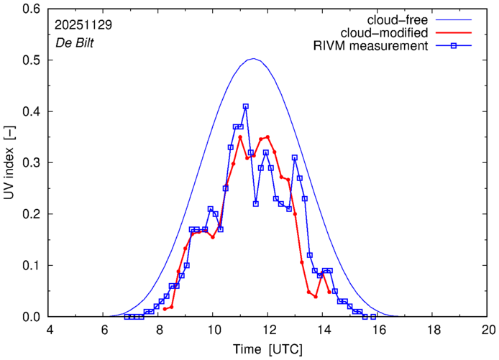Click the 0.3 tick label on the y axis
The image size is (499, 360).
tap(32, 163)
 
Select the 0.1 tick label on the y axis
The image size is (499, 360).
tap(32, 265)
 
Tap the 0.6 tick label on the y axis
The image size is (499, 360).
tap(32, 9)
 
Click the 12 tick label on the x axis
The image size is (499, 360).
tap(268, 329)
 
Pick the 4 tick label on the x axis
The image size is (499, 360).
tap(49, 329)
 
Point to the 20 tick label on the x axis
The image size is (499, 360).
tap(488, 329)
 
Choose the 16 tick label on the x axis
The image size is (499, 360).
tap(378, 329)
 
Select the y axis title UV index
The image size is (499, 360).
tap(10, 163)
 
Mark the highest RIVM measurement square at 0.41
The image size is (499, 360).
tap(245, 106)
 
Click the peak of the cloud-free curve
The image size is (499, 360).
tap(253, 59)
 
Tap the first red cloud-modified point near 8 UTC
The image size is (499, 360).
tap(165, 309)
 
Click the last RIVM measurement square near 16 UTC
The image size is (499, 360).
tap(373, 316)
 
